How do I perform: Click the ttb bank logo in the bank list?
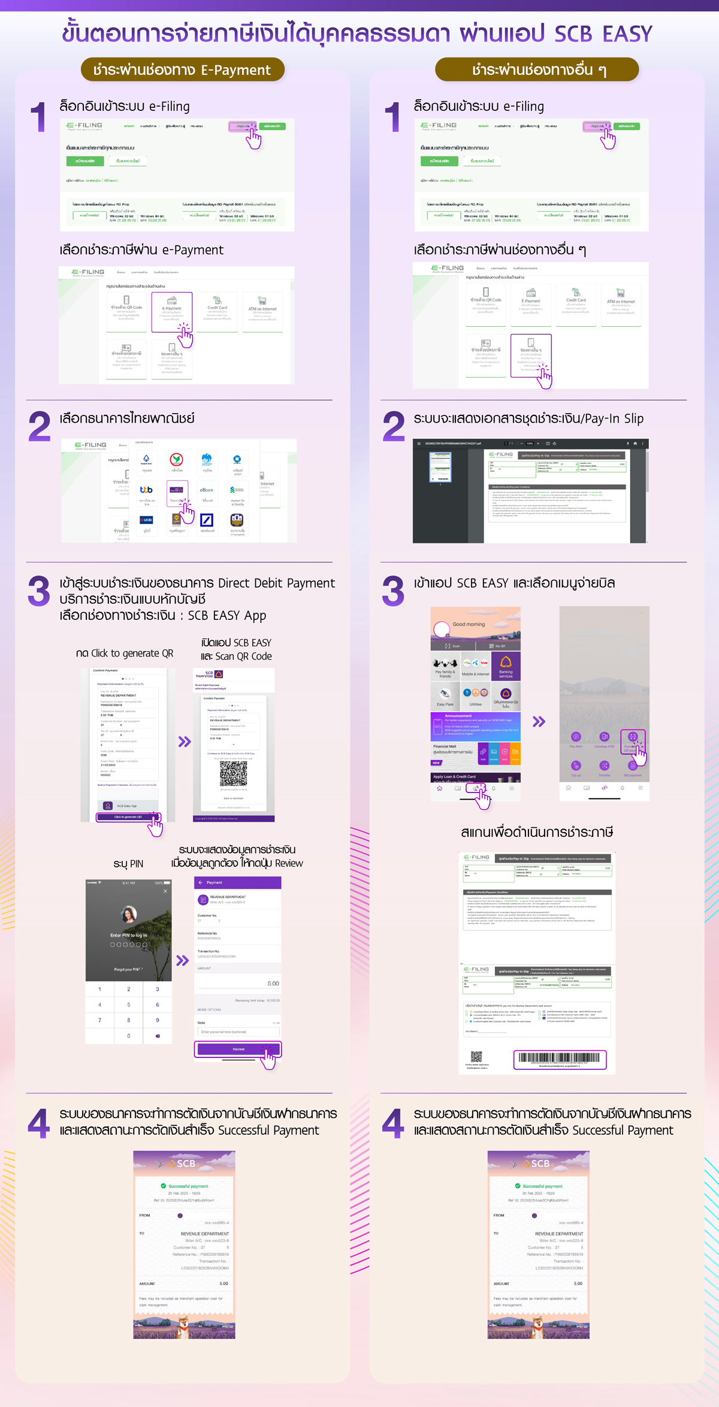146,490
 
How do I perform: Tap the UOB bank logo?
146,520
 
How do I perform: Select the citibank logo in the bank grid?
207,490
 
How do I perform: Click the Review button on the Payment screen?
238,1049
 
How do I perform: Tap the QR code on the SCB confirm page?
233,774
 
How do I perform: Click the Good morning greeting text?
469,624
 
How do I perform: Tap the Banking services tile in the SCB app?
506,666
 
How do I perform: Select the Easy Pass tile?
445,697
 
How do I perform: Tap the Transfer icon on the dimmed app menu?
604,766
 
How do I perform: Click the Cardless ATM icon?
604,737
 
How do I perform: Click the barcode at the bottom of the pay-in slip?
560,1059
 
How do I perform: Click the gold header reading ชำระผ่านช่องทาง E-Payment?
182,70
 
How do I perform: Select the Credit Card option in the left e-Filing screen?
217,310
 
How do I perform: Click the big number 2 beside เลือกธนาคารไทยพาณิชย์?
40,426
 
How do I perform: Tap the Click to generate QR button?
128,817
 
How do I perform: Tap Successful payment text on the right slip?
542,1186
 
